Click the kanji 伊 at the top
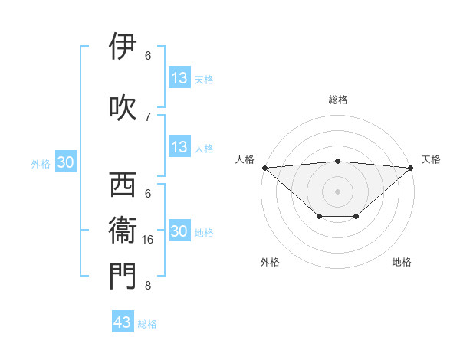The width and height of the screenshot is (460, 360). coord(123,47)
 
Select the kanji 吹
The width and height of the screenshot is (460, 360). coord(123,107)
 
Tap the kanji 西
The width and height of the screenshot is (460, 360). coord(123,185)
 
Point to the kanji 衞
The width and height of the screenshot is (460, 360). coord(123,231)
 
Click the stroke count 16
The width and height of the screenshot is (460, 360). coord(149,240)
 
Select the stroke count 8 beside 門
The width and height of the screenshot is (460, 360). coord(147,286)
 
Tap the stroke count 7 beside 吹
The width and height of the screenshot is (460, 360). coord(147,116)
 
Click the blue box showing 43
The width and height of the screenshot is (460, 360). coord(122,322)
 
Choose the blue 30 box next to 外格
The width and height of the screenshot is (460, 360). coord(65,162)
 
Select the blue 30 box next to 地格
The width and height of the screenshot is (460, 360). coord(179,231)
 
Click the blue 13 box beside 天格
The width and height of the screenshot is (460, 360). coord(179,78)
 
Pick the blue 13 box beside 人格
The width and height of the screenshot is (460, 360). coord(179,147)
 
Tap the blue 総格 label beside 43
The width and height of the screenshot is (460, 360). coord(147,324)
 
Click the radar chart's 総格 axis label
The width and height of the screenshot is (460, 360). coord(337,100)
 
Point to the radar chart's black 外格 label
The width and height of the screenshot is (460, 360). coord(270,262)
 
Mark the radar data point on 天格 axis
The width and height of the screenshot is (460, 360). coord(411,168)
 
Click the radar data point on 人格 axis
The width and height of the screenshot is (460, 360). coord(264,168)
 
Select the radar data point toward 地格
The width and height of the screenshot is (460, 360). coord(356,217)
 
